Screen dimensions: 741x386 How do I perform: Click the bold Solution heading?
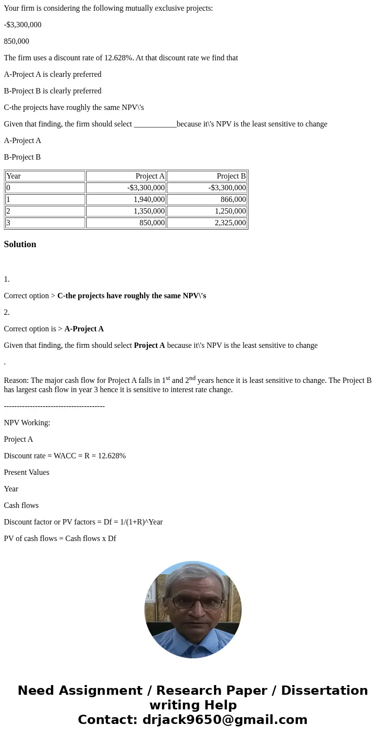point(20,244)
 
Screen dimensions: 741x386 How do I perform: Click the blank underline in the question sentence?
point(155,124)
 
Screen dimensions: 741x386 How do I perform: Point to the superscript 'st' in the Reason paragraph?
point(168,378)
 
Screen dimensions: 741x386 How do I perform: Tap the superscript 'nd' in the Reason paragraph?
point(192,378)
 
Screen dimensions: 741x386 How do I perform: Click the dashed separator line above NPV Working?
point(54,406)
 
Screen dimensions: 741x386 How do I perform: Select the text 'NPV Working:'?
point(27,423)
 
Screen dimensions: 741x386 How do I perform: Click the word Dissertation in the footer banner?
point(324,690)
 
